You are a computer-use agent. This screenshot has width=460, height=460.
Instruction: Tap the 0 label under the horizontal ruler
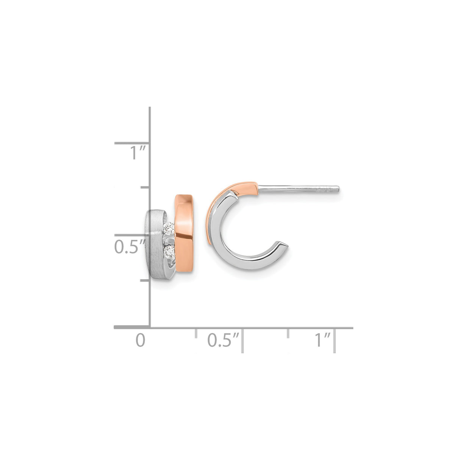pyautogui.click(x=141, y=340)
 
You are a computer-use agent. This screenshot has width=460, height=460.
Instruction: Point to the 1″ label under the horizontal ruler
pyautogui.click(x=323, y=340)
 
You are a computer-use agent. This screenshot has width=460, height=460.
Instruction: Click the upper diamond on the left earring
pyautogui.click(x=169, y=228)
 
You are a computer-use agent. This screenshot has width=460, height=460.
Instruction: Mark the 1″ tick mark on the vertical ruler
pyautogui.click(x=132, y=143)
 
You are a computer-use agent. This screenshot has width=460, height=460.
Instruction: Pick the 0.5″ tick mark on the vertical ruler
pyautogui.click(x=132, y=235)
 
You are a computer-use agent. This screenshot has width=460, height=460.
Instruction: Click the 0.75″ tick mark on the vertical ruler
pyautogui.click(x=145, y=187)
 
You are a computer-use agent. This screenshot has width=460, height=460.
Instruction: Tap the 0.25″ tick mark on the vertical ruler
pyautogui.click(x=145, y=280)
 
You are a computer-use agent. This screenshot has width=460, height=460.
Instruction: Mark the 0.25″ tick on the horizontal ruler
pyautogui.click(x=196, y=333)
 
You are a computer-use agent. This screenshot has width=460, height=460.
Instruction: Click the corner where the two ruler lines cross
pyautogui.click(x=150, y=327)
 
